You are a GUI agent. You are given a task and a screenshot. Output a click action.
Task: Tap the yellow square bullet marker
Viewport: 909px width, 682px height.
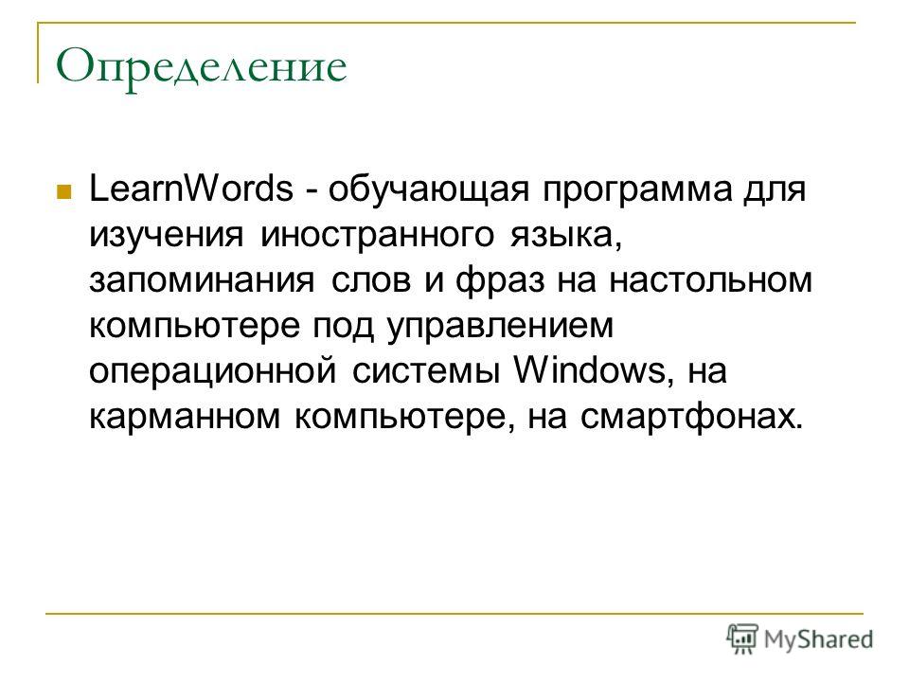[63, 191]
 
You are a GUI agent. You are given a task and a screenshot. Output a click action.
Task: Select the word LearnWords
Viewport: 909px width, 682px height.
[191, 188]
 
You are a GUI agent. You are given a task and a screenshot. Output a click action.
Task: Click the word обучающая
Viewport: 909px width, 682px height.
[429, 190]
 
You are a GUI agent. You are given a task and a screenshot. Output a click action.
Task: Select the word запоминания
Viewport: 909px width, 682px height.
[203, 280]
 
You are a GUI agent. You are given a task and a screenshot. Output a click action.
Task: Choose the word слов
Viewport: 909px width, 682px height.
[371, 280]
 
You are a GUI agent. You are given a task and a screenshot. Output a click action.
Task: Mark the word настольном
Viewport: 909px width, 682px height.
[710, 280]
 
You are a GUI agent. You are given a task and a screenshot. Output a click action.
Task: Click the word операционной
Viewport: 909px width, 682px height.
[213, 372]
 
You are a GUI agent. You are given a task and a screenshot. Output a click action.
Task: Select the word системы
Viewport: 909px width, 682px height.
[426, 372]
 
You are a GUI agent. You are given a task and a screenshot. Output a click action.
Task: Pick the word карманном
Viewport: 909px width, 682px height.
[185, 418]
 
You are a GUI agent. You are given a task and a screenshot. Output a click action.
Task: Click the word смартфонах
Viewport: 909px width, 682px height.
[691, 418]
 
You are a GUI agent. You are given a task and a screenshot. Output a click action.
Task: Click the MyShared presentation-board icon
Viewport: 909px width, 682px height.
[742, 639]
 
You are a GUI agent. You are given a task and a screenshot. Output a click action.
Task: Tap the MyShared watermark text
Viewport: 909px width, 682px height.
[818, 640]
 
